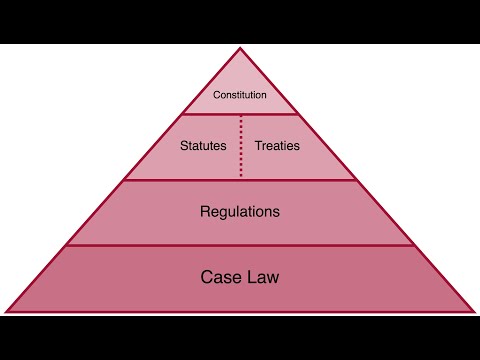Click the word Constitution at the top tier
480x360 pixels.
click(x=240, y=96)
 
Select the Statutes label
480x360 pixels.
click(x=202, y=145)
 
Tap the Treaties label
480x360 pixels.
click(x=277, y=145)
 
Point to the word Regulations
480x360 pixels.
click(x=240, y=212)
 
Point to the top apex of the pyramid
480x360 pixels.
click(x=240, y=48)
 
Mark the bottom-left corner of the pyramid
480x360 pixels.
click(x=6, y=311)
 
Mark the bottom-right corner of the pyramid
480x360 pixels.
click(x=474, y=311)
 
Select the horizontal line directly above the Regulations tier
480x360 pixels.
click(x=240, y=180)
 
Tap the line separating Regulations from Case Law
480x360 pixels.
click(x=240, y=245)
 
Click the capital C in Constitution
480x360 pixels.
click(x=217, y=96)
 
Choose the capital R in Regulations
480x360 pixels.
click(x=205, y=212)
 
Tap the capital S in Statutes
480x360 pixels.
click(x=183, y=145)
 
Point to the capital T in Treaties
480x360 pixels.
click(x=258, y=145)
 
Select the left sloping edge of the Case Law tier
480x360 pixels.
click(x=36, y=278)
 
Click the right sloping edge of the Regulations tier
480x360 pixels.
click(x=386, y=213)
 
